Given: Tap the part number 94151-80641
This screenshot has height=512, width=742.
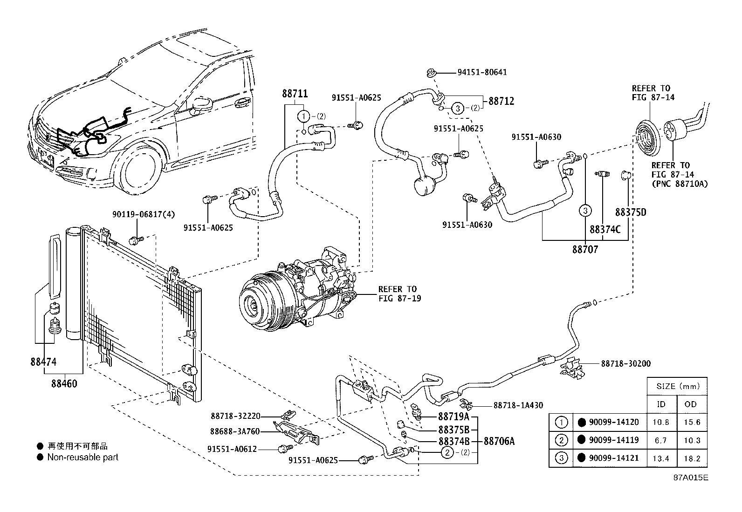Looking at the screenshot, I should tap(482, 72).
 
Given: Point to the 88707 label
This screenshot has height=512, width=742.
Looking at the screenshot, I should tap(585, 250).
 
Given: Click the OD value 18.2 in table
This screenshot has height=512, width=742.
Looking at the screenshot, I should tap(691, 458).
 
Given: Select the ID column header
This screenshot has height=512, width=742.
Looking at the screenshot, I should tap(661, 404).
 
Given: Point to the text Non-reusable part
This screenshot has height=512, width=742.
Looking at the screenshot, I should tap(83, 457).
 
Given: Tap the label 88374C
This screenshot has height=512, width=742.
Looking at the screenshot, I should tap(605, 230).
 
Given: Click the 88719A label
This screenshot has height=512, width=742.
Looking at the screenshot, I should tap(453, 416).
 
